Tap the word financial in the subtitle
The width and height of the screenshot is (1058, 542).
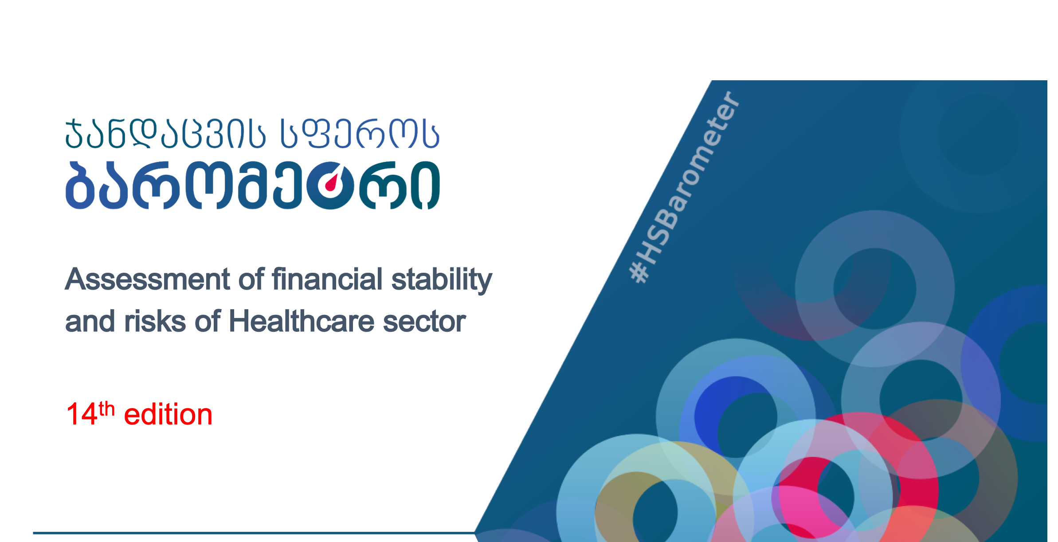[x=327, y=279]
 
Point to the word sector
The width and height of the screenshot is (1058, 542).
[x=424, y=322]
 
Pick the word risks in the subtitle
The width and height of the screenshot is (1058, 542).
[x=155, y=321]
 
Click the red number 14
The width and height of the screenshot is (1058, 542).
[x=82, y=414]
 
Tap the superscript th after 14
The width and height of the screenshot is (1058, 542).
[x=106, y=408]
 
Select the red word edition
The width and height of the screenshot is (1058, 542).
[x=168, y=414]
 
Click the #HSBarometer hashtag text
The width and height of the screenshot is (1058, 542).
[x=685, y=187]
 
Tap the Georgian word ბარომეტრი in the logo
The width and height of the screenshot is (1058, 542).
[x=253, y=185]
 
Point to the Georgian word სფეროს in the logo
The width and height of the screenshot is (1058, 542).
[x=360, y=133]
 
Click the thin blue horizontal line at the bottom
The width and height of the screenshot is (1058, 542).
[x=254, y=533]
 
